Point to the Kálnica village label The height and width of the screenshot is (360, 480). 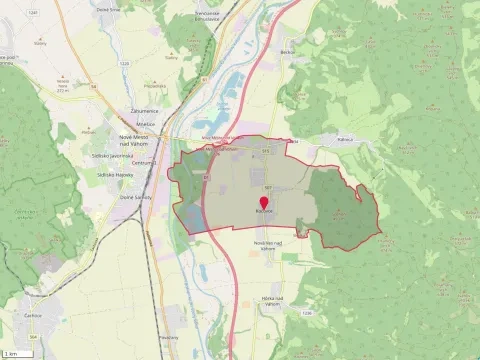(x=346, y=140)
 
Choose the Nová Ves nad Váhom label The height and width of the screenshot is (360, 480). (x=263, y=245)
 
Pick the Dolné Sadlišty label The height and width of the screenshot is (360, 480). (x=135, y=197)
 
